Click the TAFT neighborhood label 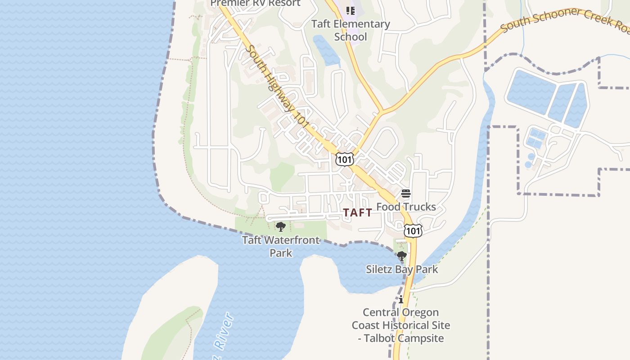click(x=358, y=213)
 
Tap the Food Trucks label click(x=406, y=207)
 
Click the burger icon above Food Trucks click(x=406, y=193)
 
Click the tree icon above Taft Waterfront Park click(x=281, y=226)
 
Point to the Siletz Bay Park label click(x=402, y=270)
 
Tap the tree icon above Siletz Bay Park click(x=401, y=256)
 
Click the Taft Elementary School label click(x=351, y=30)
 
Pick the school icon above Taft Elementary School click(x=350, y=10)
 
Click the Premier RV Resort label click(x=255, y=3)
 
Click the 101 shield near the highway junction click(x=344, y=159)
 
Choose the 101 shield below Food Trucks click(x=413, y=231)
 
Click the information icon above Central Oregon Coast click(x=401, y=299)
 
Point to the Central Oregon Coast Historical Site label click(x=400, y=325)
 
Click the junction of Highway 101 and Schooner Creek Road click(x=382, y=110)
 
